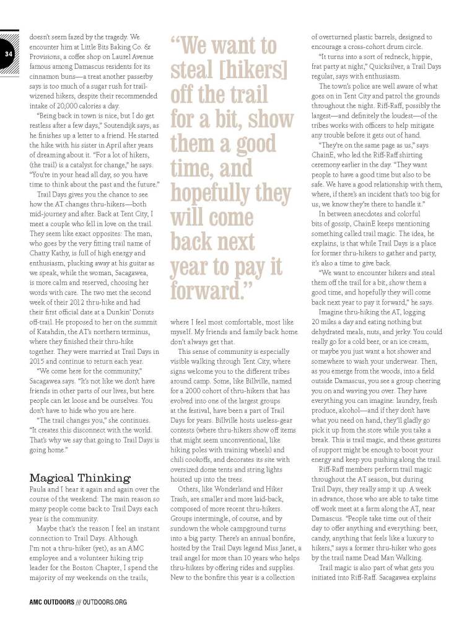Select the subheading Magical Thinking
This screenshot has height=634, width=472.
click(x=80, y=477)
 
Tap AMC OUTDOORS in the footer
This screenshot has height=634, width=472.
click(x=52, y=601)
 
